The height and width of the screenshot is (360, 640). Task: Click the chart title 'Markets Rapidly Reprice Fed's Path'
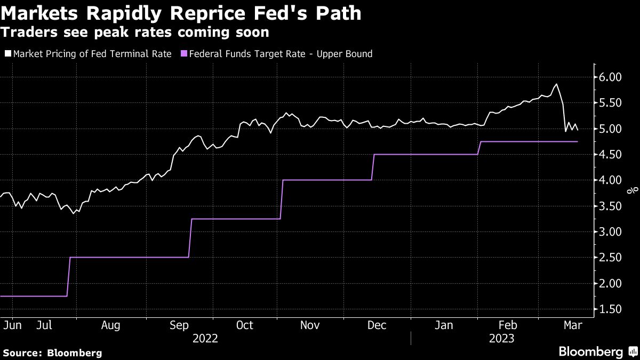(181, 13)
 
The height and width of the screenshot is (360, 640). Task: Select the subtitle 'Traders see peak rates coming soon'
(134, 33)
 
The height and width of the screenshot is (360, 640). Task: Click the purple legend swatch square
(185, 54)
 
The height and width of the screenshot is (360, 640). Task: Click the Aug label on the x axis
(110, 325)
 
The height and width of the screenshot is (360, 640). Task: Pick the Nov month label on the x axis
(310, 325)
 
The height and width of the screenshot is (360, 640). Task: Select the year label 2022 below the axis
(205, 338)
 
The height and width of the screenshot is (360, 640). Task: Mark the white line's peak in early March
(556, 84)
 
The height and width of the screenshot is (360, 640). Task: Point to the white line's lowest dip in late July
(74, 213)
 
